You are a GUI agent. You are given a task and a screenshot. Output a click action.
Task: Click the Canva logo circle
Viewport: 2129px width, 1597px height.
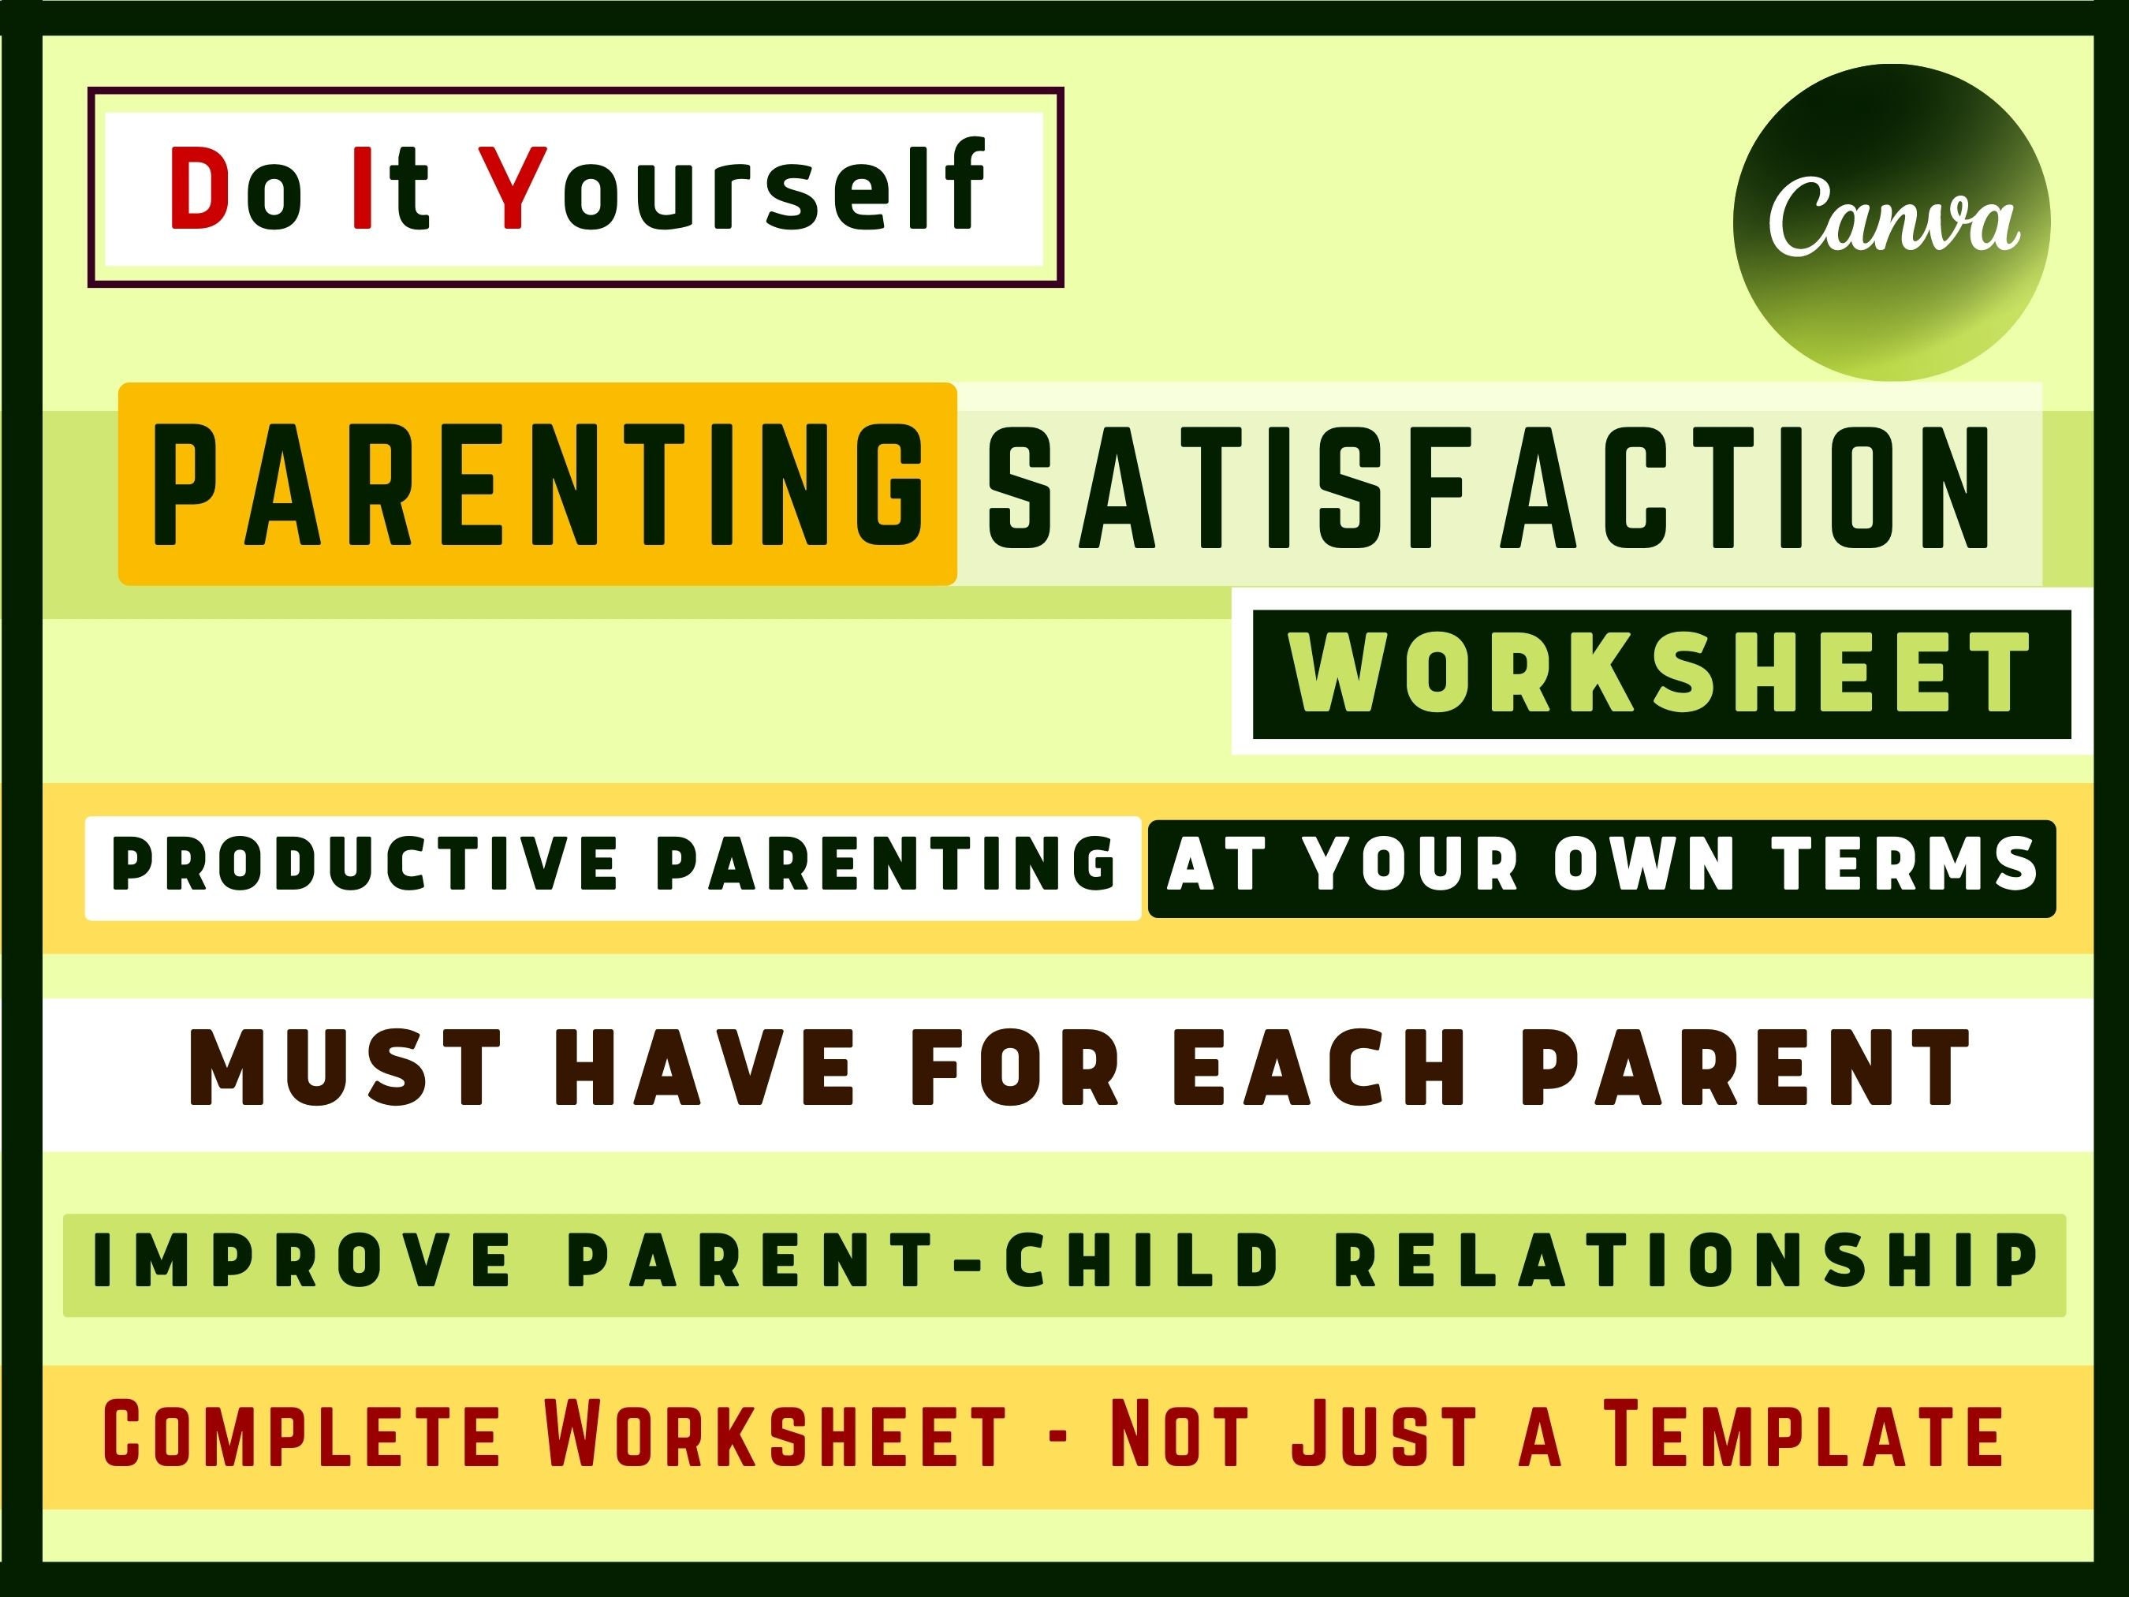1892,222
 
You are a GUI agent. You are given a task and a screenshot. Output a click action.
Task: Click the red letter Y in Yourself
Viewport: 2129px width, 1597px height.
514,188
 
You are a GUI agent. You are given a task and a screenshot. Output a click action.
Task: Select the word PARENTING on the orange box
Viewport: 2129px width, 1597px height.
537,484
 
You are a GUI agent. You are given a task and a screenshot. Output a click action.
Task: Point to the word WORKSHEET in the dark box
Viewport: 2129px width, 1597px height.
1661,673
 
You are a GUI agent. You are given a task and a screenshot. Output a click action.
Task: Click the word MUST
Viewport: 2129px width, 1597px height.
345,1066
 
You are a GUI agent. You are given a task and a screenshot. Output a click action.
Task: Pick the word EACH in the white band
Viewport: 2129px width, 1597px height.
1318,1066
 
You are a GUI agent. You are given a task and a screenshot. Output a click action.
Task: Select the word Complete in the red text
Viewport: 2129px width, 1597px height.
300,1435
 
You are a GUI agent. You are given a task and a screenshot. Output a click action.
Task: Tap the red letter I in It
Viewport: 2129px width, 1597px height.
363,188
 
